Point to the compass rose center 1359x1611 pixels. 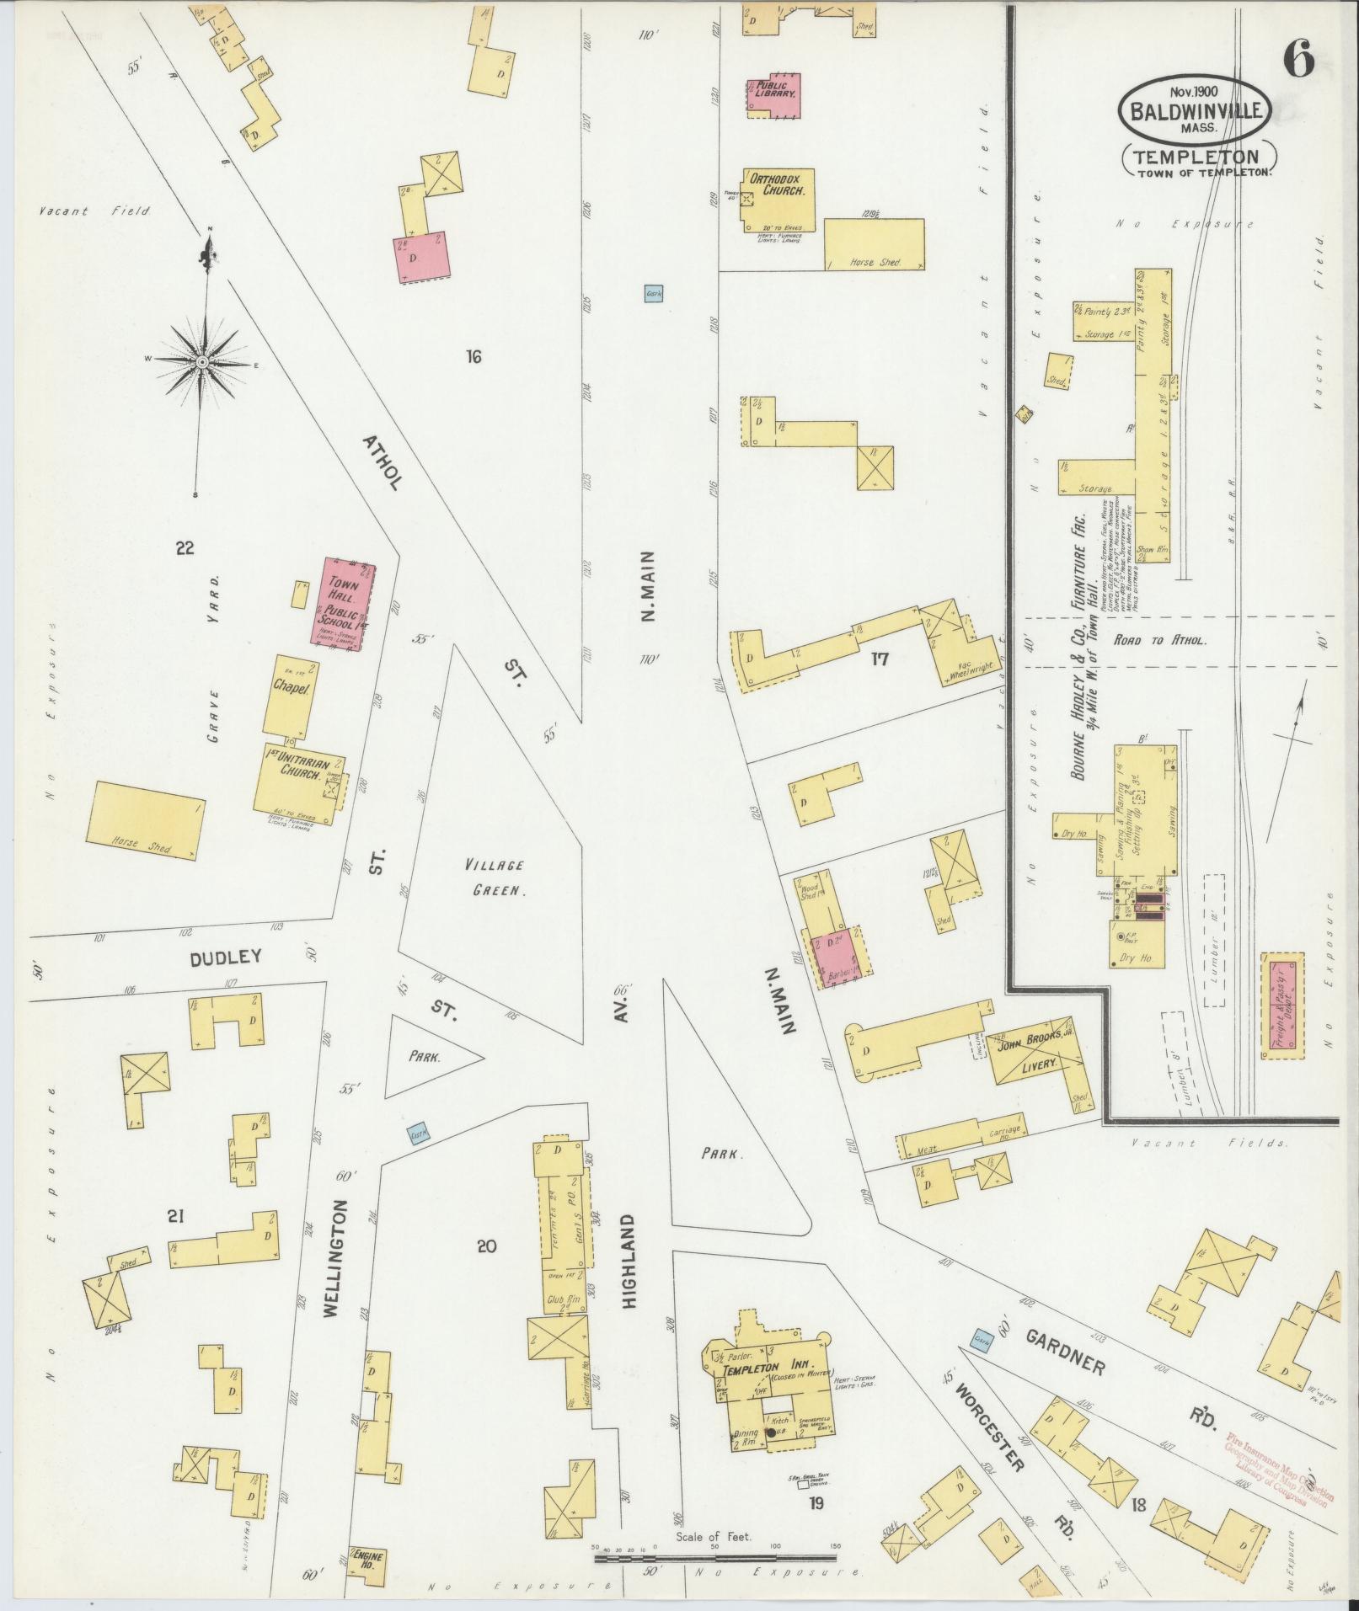tap(202, 363)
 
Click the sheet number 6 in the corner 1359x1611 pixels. tap(1299, 61)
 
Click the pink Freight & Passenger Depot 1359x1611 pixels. tap(1281, 1006)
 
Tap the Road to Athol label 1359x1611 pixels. tap(1159, 640)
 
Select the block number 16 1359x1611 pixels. tap(473, 356)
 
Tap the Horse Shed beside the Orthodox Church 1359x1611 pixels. tap(874, 244)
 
